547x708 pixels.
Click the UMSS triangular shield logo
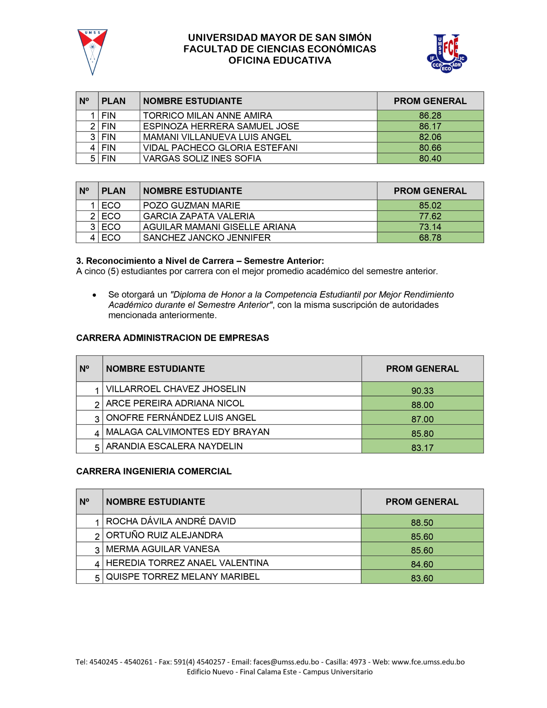92,52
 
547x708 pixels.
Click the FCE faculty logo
446,53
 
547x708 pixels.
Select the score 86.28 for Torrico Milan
430,115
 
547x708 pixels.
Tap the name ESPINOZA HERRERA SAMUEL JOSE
221,126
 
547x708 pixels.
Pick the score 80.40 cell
430,158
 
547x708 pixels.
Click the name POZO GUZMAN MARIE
192,205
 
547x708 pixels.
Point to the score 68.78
430,238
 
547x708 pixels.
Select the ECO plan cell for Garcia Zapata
111,216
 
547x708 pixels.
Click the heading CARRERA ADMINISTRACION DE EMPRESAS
172,338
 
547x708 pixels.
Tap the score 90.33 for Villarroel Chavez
422,390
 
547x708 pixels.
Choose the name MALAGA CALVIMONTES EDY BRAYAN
188,432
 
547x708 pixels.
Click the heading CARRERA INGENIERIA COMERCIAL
154,471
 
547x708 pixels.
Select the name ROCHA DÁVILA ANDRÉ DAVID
171,521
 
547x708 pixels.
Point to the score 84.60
422,564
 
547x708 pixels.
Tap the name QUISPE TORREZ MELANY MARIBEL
183,577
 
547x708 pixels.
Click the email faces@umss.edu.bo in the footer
286,662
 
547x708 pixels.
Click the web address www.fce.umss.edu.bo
428,662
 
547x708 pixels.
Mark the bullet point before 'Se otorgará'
94,295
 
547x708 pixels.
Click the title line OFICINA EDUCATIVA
280,61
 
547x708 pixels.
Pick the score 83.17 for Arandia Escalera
422,447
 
